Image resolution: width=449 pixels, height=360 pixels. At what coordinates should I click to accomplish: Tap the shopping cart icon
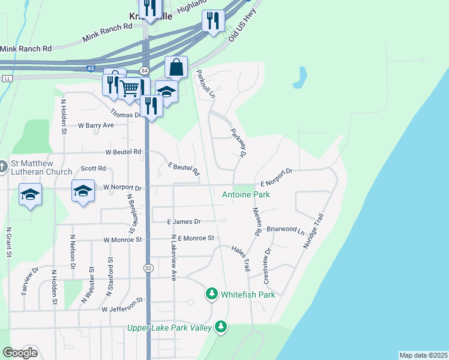click(130, 89)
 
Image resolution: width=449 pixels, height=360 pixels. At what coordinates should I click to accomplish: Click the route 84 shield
click(144, 71)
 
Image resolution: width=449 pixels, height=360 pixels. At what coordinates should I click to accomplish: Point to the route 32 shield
click(147, 269)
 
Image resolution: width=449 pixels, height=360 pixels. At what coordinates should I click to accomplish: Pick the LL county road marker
click(7, 79)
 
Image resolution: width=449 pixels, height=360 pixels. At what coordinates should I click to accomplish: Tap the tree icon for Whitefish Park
click(211, 294)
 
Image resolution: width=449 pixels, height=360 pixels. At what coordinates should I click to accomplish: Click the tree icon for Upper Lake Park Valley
click(221, 327)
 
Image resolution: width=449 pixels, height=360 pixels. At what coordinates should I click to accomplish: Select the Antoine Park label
click(246, 194)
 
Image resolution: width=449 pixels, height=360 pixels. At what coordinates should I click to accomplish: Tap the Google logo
click(20, 352)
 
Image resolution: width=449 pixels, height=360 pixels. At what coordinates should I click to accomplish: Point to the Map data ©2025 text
click(423, 355)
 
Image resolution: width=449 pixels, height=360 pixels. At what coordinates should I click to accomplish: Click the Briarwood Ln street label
click(286, 229)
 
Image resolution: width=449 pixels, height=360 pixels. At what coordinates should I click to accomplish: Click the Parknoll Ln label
click(205, 84)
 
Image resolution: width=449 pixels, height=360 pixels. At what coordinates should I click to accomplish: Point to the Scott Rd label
click(94, 169)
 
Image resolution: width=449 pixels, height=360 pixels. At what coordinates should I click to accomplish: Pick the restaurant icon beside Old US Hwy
click(213, 21)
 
